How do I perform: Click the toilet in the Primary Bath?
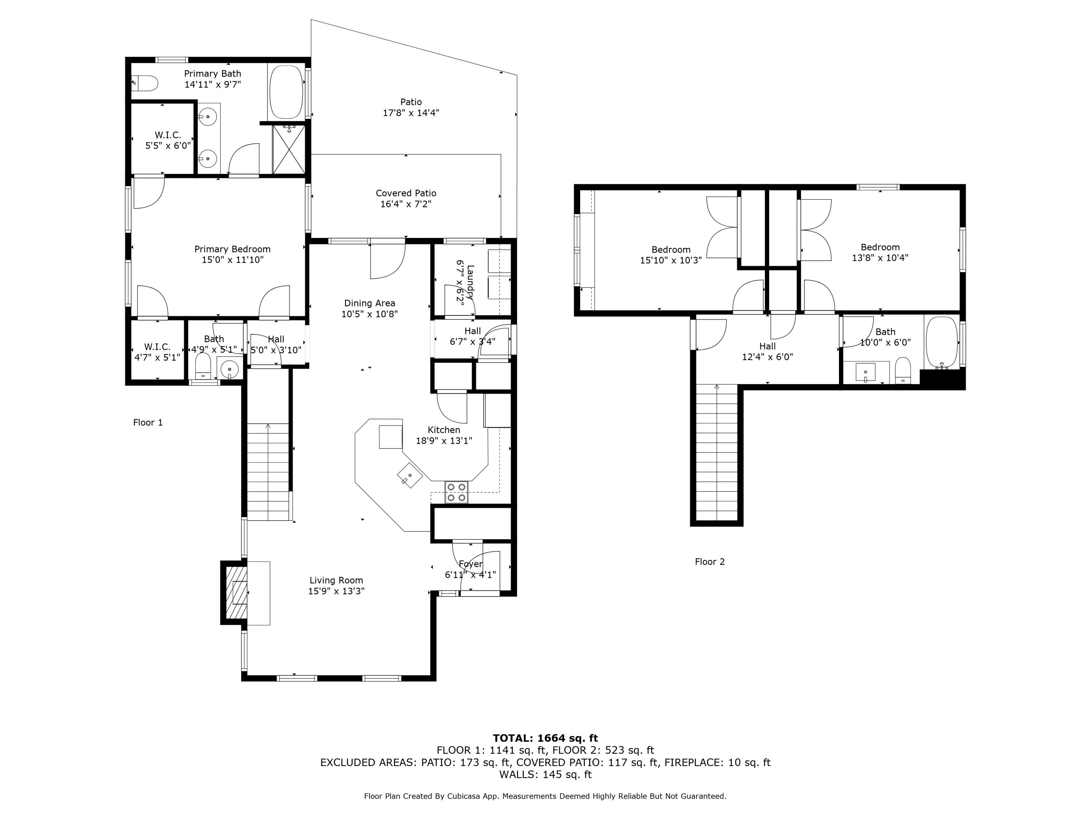(x=145, y=83)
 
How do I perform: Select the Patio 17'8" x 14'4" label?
(x=411, y=107)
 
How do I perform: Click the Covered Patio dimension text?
(x=406, y=204)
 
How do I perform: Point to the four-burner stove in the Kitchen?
(x=456, y=492)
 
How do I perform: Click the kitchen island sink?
(x=410, y=476)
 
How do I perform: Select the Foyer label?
(x=471, y=564)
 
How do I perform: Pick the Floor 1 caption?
(x=148, y=422)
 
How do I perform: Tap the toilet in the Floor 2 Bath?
(x=903, y=370)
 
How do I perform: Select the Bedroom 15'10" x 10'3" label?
(x=670, y=255)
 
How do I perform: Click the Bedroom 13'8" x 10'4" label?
(x=880, y=252)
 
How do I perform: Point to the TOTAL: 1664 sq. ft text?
(x=545, y=738)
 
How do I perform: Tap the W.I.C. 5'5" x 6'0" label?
(x=168, y=140)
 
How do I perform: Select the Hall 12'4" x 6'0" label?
(x=767, y=352)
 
